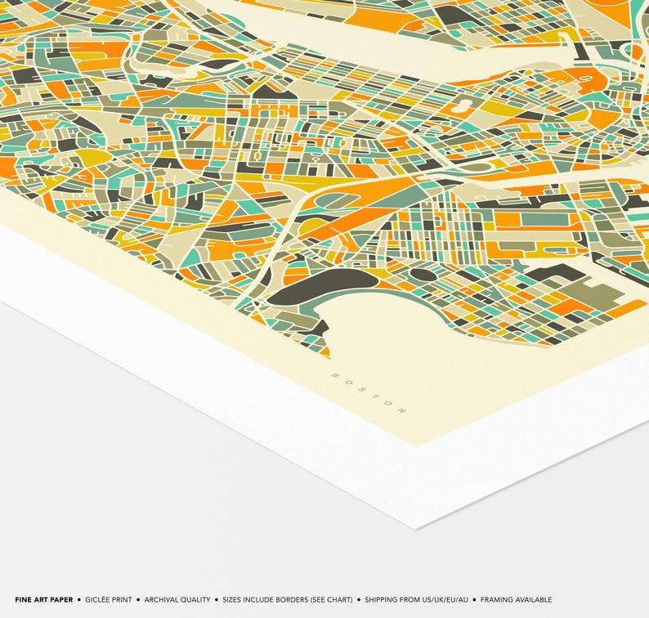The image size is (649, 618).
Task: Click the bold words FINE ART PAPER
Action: pyautogui.click(x=43, y=600)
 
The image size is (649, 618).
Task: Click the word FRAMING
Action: pyautogui.click(x=498, y=600)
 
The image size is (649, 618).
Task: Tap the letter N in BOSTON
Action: pyautogui.click(x=402, y=409)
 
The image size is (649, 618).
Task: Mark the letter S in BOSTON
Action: pyautogui.click(x=360, y=388)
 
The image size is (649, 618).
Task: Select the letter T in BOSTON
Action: pyautogui.click(x=374, y=395)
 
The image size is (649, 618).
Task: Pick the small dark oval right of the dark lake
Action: pyautogui.click(x=422, y=275)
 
